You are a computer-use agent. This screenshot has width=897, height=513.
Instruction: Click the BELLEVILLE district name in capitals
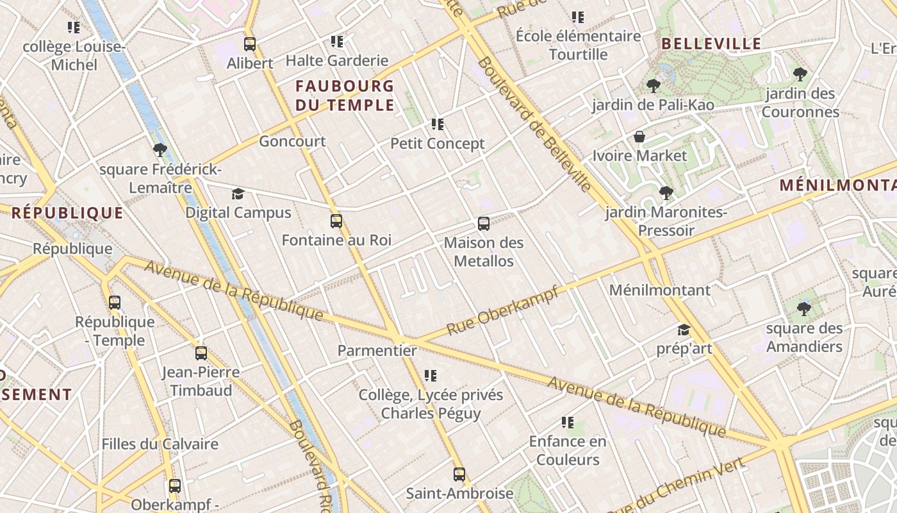(711, 44)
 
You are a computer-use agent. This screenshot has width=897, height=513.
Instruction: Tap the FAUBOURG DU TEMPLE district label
(345, 96)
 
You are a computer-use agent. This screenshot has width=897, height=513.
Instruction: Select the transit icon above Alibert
(250, 44)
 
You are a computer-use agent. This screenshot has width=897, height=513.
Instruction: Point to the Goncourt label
(292, 141)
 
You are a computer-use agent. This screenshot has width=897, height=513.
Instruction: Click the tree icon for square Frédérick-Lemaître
(160, 150)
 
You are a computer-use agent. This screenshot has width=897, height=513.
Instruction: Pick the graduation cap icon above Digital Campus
(238, 194)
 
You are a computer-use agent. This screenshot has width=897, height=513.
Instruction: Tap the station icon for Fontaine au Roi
(336, 221)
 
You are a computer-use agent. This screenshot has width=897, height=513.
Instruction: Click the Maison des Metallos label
(484, 252)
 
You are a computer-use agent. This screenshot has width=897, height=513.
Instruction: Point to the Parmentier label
(377, 351)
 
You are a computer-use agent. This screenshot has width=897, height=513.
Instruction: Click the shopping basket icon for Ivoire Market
(639, 137)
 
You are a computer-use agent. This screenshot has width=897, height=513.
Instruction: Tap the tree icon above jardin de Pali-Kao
(653, 85)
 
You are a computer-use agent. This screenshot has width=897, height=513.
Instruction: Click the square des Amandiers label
(804, 337)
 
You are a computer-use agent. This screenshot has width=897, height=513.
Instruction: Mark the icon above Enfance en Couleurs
(567, 422)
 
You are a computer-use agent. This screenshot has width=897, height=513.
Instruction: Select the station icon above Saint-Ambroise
(459, 475)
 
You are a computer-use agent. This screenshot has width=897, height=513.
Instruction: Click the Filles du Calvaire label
(160, 444)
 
